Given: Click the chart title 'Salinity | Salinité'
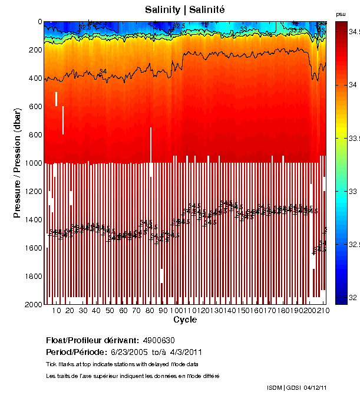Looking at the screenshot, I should [184, 9].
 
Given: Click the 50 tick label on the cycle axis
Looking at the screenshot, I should [110, 311].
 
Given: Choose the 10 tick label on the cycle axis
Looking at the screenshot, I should [57, 311].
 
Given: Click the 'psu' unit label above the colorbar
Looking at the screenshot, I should [341, 14].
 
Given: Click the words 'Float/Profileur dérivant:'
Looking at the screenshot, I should [91, 340].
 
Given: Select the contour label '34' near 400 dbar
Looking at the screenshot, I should [103, 71].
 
